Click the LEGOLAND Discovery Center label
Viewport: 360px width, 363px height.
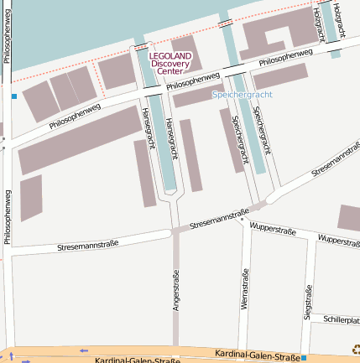[170, 64]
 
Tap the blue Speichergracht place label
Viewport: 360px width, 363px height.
[242, 95]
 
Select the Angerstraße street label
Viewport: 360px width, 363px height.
[176, 291]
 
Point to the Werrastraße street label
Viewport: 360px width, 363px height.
[245, 290]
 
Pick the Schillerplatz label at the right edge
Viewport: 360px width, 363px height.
[342, 319]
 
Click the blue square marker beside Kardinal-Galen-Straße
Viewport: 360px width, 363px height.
[303, 358]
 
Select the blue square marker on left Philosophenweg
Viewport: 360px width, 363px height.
[14, 96]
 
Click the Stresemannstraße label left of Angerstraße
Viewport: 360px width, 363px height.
[87, 245]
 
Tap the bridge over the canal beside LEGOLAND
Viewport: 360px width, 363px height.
[142, 47]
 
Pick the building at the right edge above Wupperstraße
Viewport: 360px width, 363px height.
[349, 218]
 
